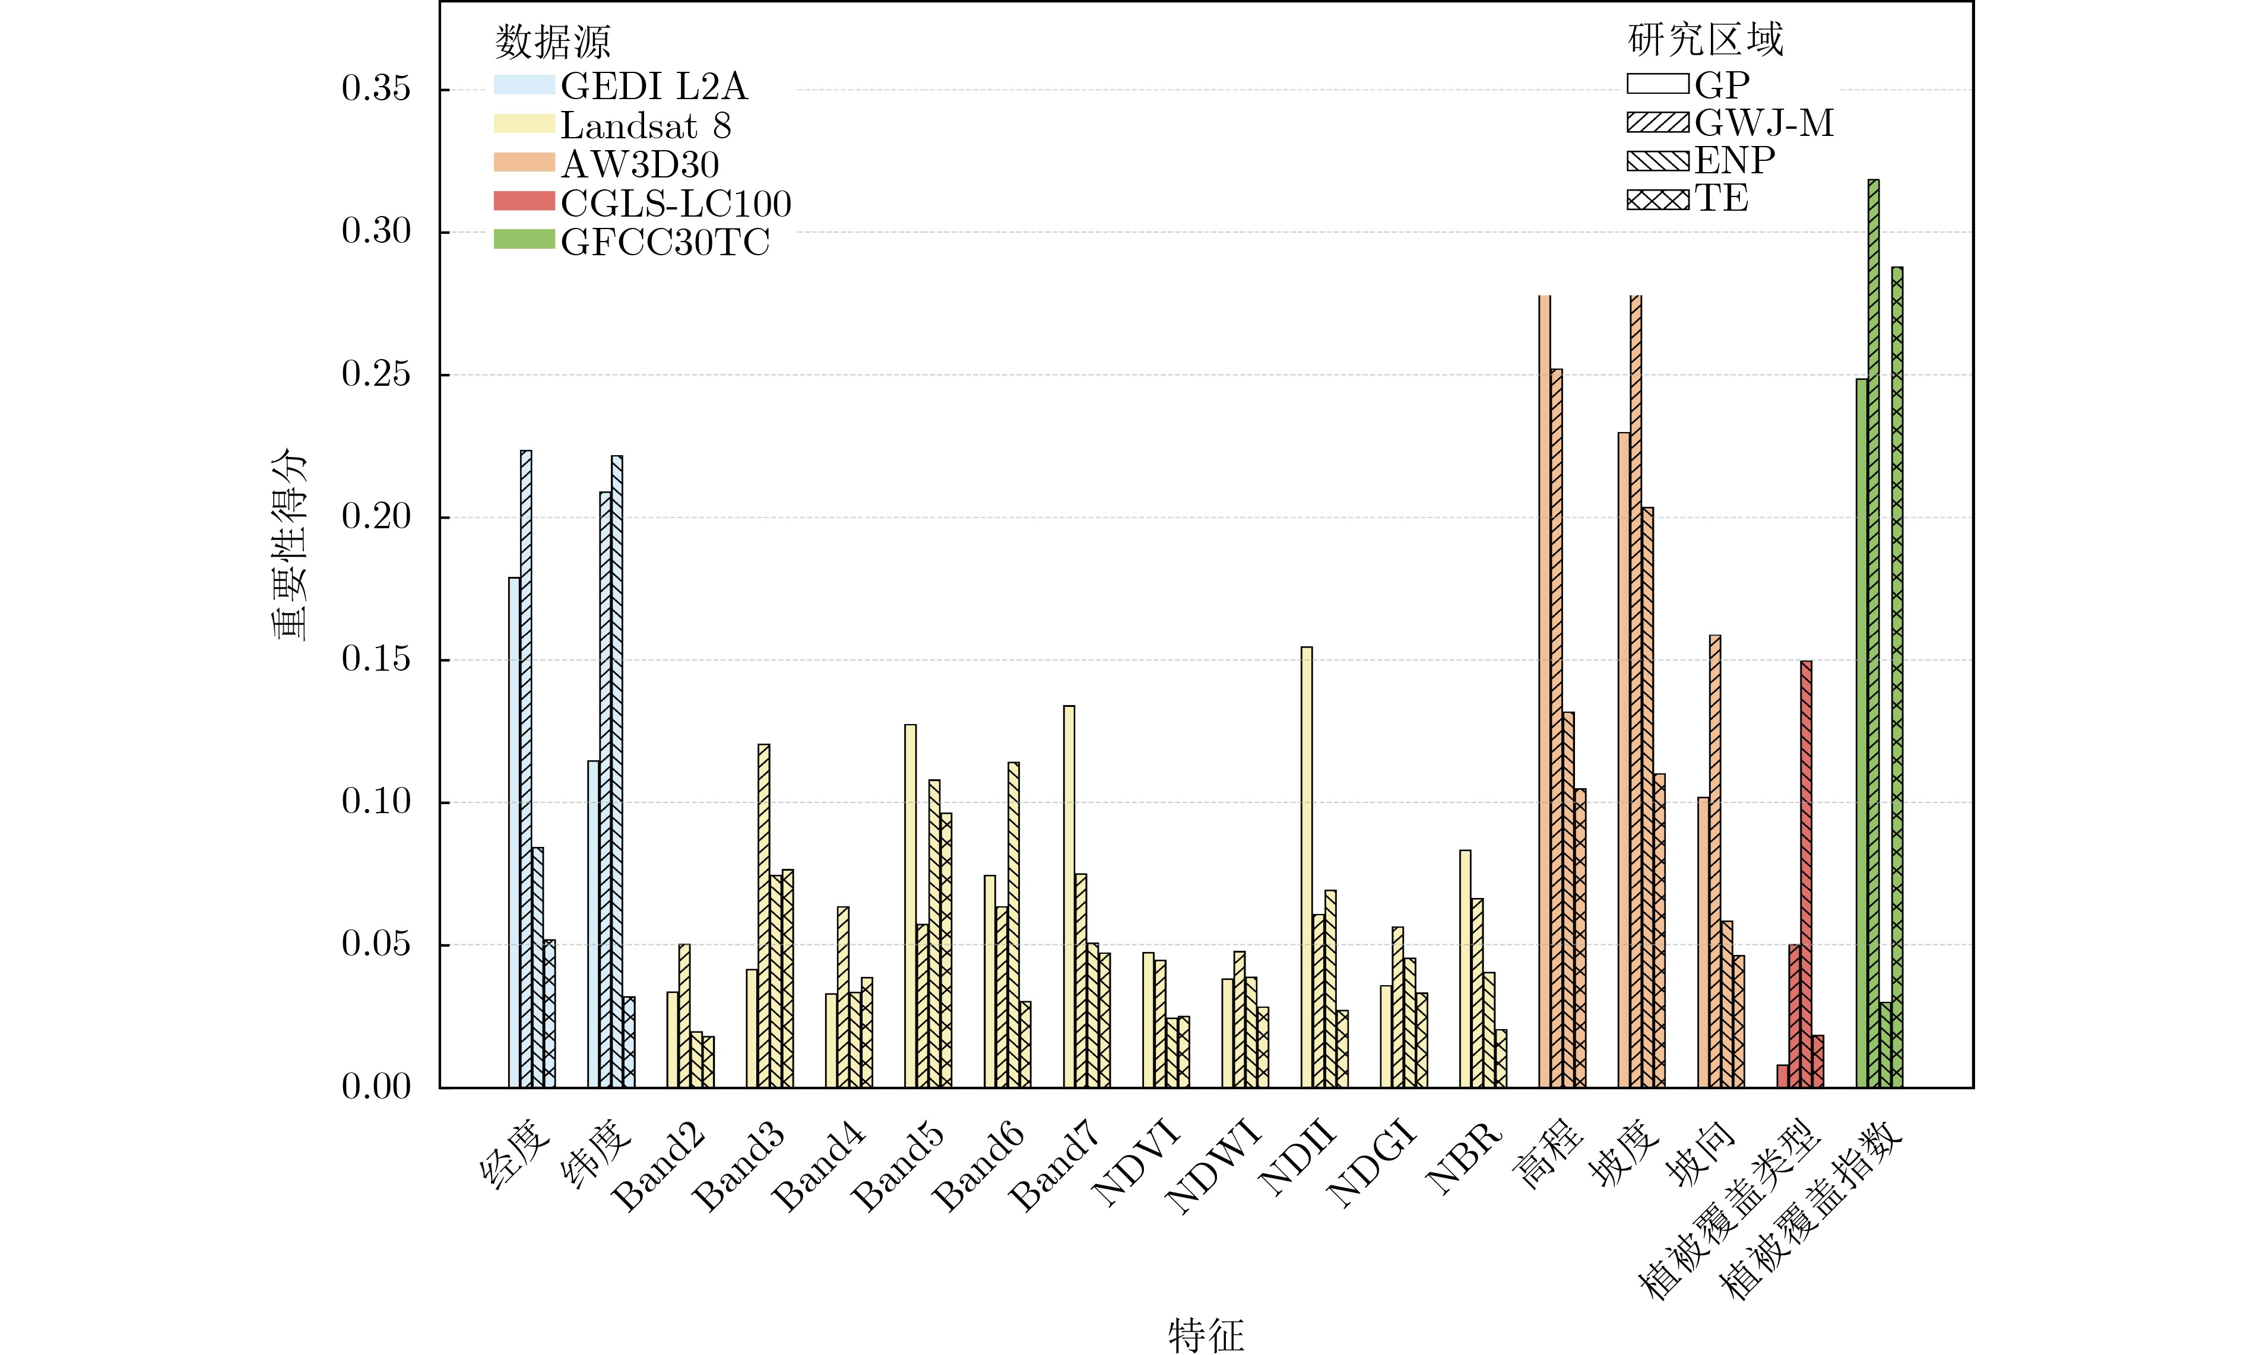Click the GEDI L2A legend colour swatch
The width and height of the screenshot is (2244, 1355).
tap(524, 85)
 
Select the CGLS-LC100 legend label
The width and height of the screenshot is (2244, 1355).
tap(676, 203)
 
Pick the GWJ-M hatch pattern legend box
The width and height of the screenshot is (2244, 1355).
tap(1657, 123)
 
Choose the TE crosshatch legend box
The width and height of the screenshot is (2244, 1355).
tap(1657, 198)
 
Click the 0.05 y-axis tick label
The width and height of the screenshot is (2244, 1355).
tap(375, 944)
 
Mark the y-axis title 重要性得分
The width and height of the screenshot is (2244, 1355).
tap(290, 544)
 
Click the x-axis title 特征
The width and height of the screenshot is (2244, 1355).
tap(1206, 1335)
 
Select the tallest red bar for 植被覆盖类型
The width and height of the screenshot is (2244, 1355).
tap(1806, 874)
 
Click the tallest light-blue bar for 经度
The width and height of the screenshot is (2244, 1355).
tap(525, 769)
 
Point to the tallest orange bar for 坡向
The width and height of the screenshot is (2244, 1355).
tap(1715, 861)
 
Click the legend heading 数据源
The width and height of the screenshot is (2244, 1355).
tap(552, 42)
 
